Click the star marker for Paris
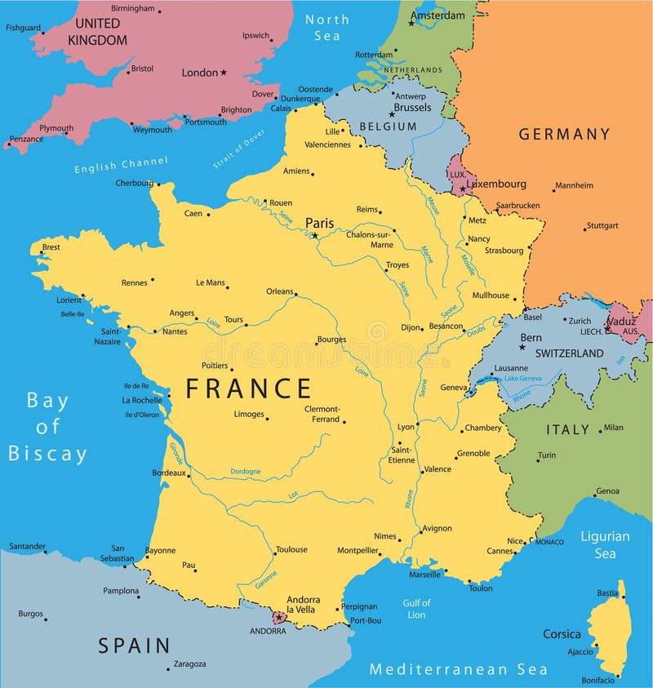[314, 236]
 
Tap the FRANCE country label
[248, 388]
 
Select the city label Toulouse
[291, 549]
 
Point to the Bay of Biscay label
[47, 427]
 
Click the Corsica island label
[562, 634]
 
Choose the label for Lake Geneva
[523, 379]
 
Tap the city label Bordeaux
[169, 473]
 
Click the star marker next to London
[224, 72]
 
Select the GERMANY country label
[564, 134]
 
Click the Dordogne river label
[245, 471]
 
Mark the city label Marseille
[424, 575]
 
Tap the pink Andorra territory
[280, 618]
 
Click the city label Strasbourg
[504, 251]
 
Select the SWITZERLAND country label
[569, 353]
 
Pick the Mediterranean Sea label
[458, 670]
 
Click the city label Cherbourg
[134, 183]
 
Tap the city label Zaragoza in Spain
[189, 664]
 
